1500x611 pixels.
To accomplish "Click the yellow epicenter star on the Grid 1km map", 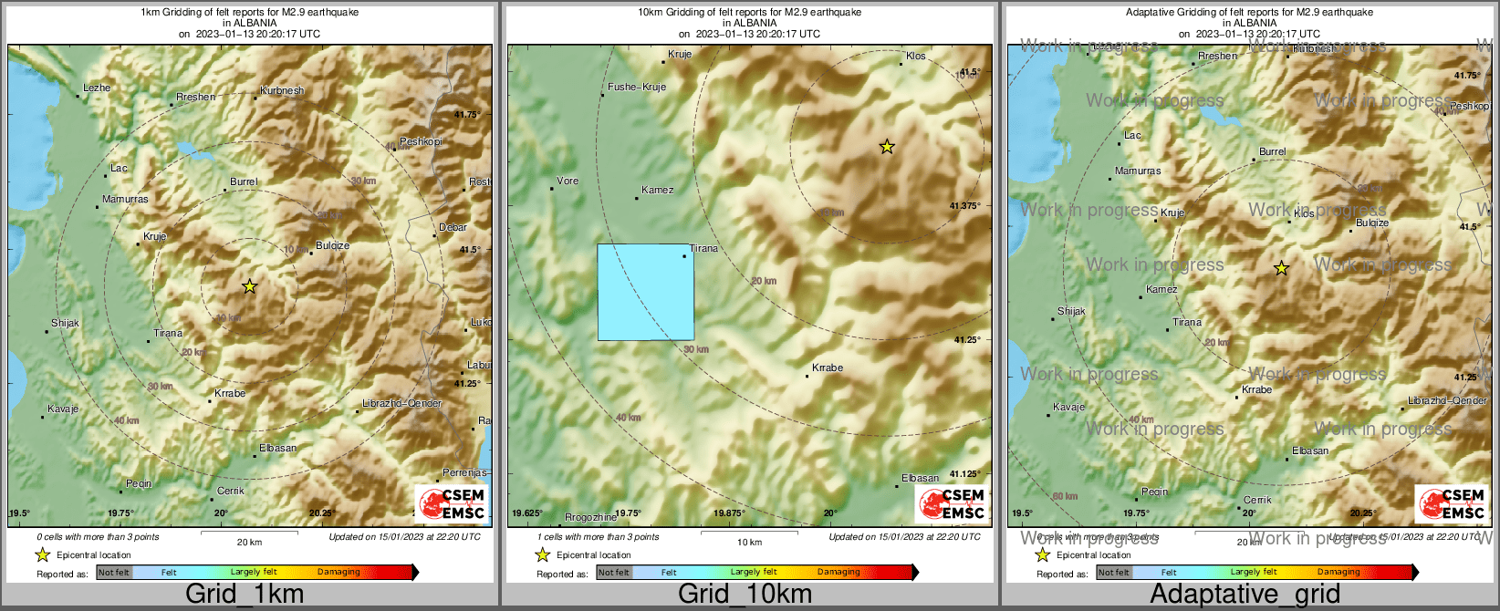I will pos(249,286).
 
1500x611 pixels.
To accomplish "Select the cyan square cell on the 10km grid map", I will pos(645,292).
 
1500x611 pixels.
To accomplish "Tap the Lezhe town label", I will pos(96,88).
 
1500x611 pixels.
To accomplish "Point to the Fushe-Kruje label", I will pos(637,87).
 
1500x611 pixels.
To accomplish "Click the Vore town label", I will pos(568,181).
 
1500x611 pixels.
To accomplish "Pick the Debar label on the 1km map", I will pos(453,227).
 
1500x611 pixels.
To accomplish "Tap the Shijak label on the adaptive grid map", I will pos(1071,311).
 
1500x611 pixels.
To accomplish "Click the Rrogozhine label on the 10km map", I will pos(590,517).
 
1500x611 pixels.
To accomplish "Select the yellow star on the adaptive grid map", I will pos(1281,268).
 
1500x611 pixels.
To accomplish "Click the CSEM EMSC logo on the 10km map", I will pos(952,504).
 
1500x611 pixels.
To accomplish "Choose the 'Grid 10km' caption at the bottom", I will pos(745,594).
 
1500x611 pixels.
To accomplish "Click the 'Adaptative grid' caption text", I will pos(1245,594).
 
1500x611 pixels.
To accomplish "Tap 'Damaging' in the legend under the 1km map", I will pos(339,572).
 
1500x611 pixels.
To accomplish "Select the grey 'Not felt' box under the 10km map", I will pos(614,573).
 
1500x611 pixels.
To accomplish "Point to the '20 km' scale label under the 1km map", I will pos(249,542).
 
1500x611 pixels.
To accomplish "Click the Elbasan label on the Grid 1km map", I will pos(277,448).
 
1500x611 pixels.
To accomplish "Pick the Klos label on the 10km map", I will pos(915,56).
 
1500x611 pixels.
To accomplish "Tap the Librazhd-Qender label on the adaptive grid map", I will pos(1447,400).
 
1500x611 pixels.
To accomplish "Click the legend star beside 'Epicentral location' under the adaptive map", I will pos(1042,554).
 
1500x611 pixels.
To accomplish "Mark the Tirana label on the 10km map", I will pos(703,248).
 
